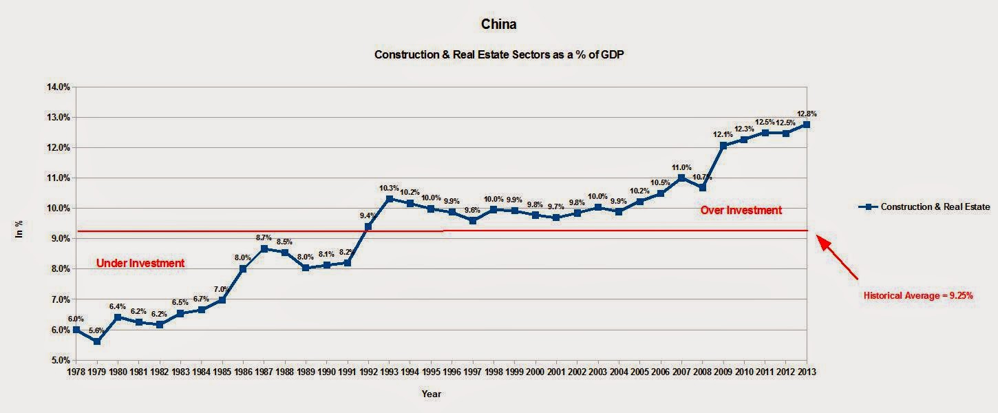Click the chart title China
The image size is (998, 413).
tap(498, 25)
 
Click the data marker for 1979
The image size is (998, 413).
tap(97, 341)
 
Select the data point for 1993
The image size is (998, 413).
tap(389, 199)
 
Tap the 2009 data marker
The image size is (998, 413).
tap(723, 146)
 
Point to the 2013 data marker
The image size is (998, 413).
tap(807, 125)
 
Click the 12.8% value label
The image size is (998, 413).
tap(807, 114)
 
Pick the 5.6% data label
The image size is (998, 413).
tap(97, 330)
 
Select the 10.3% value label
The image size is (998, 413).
tap(389, 188)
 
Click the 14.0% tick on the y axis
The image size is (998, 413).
tap(58, 87)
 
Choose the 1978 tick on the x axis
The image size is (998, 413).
tap(76, 372)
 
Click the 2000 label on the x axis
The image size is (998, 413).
tap(535, 372)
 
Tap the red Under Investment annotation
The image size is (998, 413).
tap(140, 263)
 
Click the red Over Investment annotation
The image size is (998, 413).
tap(741, 210)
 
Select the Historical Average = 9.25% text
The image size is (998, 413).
tap(918, 295)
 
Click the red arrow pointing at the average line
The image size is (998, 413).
tap(838, 258)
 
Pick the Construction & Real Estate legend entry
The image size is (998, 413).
tap(924, 206)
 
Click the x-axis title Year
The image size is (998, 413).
tap(432, 394)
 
